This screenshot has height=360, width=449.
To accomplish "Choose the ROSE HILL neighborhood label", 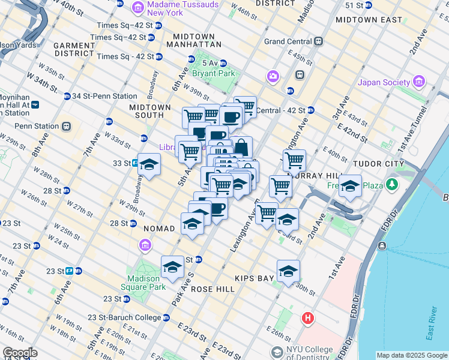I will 212,289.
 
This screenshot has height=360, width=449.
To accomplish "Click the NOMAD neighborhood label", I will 159,229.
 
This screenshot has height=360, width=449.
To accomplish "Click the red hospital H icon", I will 308,317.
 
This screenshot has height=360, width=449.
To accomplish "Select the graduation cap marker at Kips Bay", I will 288,270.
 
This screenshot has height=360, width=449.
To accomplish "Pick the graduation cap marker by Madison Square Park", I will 172,266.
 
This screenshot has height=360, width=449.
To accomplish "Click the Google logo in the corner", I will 20,353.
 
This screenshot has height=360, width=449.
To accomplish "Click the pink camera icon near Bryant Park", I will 273,76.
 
